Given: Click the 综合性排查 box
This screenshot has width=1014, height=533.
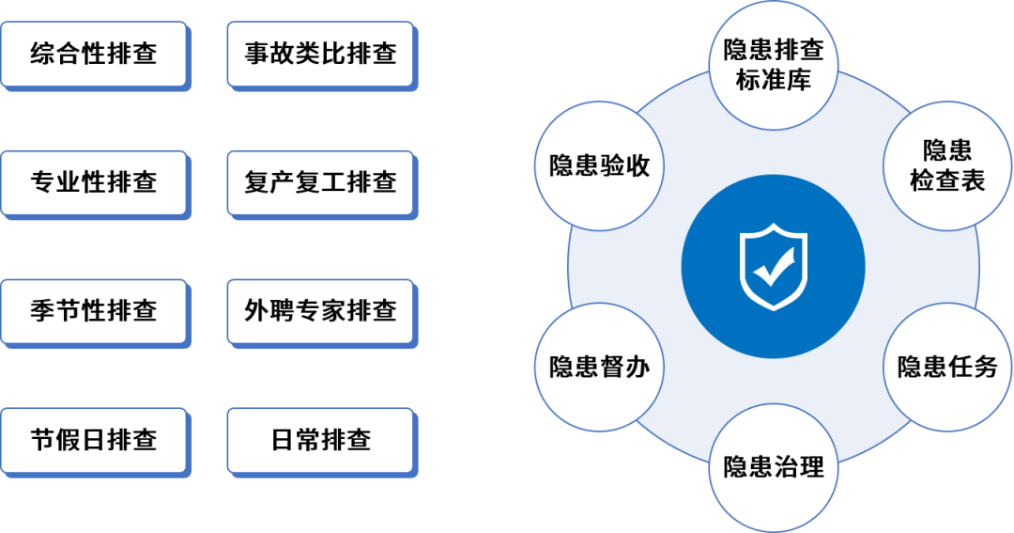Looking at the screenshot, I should coord(93,53).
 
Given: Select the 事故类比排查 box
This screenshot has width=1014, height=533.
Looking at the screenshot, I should coord(320,53).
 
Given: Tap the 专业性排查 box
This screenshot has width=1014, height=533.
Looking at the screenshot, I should coord(93,181).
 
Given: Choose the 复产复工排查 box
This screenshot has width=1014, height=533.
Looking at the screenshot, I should coord(320,181).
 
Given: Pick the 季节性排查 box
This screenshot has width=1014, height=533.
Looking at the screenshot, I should coord(93,310).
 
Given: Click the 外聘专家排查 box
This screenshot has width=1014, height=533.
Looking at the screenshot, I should coord(320,310).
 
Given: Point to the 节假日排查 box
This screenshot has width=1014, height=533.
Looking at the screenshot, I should coord(93,439).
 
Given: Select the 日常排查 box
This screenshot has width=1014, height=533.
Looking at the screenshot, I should coord(320,439).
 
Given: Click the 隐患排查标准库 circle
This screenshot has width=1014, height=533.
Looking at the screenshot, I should coord(773,65).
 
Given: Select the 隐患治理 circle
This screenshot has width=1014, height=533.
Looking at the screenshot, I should coord(773,466).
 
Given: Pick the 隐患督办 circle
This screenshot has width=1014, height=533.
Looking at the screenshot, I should coord(599,367).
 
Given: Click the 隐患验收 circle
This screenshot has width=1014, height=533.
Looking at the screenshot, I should coord(599,165).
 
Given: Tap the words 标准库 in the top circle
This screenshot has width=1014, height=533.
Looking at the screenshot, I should coord(773,80).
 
